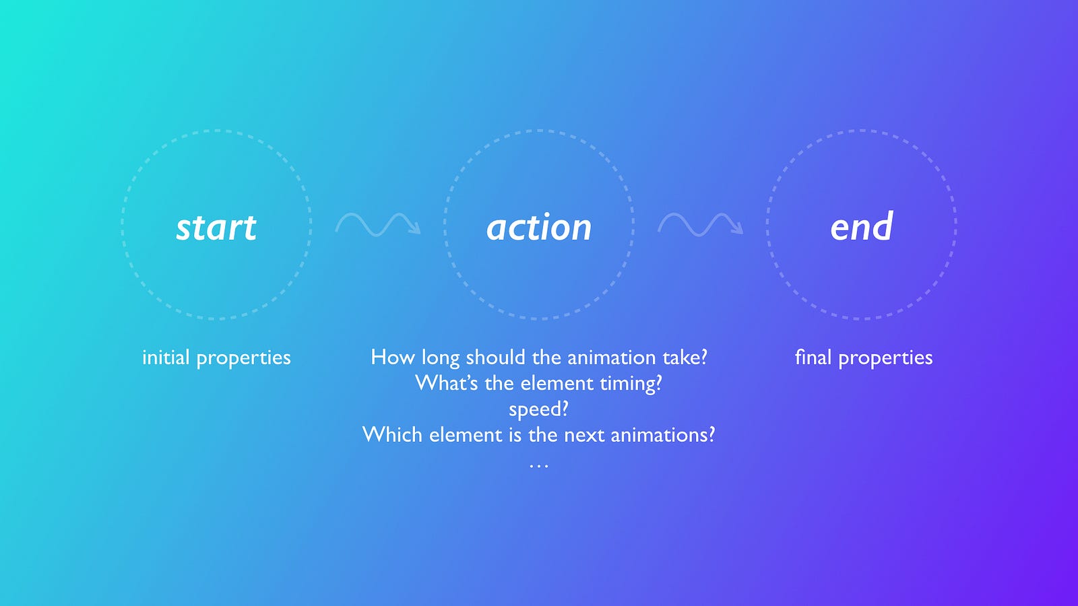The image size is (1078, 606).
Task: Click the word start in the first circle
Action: click(216, 227)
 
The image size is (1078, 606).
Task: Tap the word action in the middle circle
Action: click(539, 227)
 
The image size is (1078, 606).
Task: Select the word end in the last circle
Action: click(862, 226)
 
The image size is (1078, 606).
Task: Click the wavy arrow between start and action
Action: click(378, 225)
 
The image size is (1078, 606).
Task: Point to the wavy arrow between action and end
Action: click(700, 225)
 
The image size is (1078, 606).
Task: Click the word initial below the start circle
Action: click(166, 358)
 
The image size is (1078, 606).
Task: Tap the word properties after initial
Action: click(243, 359)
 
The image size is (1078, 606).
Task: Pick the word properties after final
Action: click(885, 359)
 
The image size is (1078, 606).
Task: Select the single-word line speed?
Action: click(538, 410)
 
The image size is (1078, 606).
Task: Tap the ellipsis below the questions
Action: click(538, 465)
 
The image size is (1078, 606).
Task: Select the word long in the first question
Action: click(441, 359)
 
